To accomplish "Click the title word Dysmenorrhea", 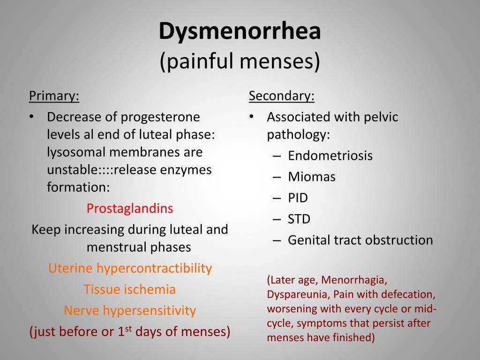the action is (x=240, y=31).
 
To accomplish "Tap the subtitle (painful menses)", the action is (x=240, y=61).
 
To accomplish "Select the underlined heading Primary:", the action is (x=54, y=96).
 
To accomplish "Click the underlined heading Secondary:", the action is (x=282, y=96).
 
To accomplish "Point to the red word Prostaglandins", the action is (x=130, y=209).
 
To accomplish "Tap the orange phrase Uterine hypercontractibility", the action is (x=130, y=269).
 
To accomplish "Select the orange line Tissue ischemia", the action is (x=130, y=290).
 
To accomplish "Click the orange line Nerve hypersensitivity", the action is (x=130, y=311).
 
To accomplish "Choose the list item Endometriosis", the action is (x=330, y=156).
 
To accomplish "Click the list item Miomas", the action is (x=312, y=177).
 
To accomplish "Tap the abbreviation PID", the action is (x=298, y=198).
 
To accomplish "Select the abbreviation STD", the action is (x=299, y=219).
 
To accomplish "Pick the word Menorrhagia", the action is (x=354, y=280).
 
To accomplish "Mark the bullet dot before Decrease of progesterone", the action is (x=31, y=117).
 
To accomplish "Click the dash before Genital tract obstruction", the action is (x=277, y=240).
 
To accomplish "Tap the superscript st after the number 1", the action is (x=128, y=328).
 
